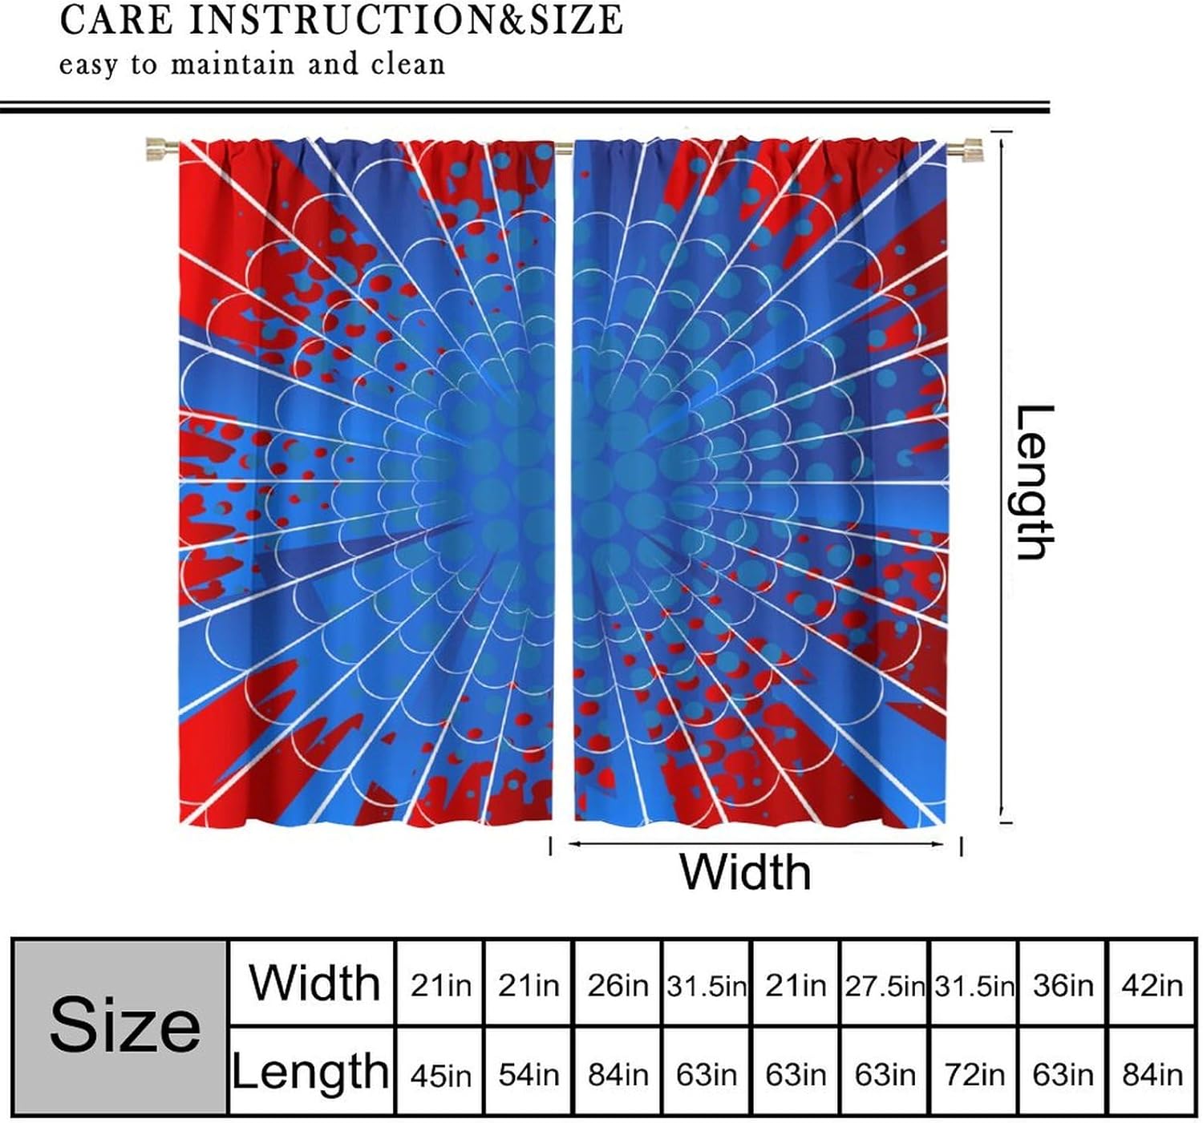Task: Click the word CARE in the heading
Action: tap(116, 20)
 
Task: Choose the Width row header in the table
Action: tap(314, 983)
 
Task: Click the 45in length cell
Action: tap(440, 1073)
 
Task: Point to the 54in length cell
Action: tap(528, 1073)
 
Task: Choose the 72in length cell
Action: tap(974, 1073)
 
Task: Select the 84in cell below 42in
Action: tap(1152, 1073)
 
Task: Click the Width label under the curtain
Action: tap(745, 871)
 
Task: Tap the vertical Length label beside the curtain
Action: tap(1033, 482)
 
